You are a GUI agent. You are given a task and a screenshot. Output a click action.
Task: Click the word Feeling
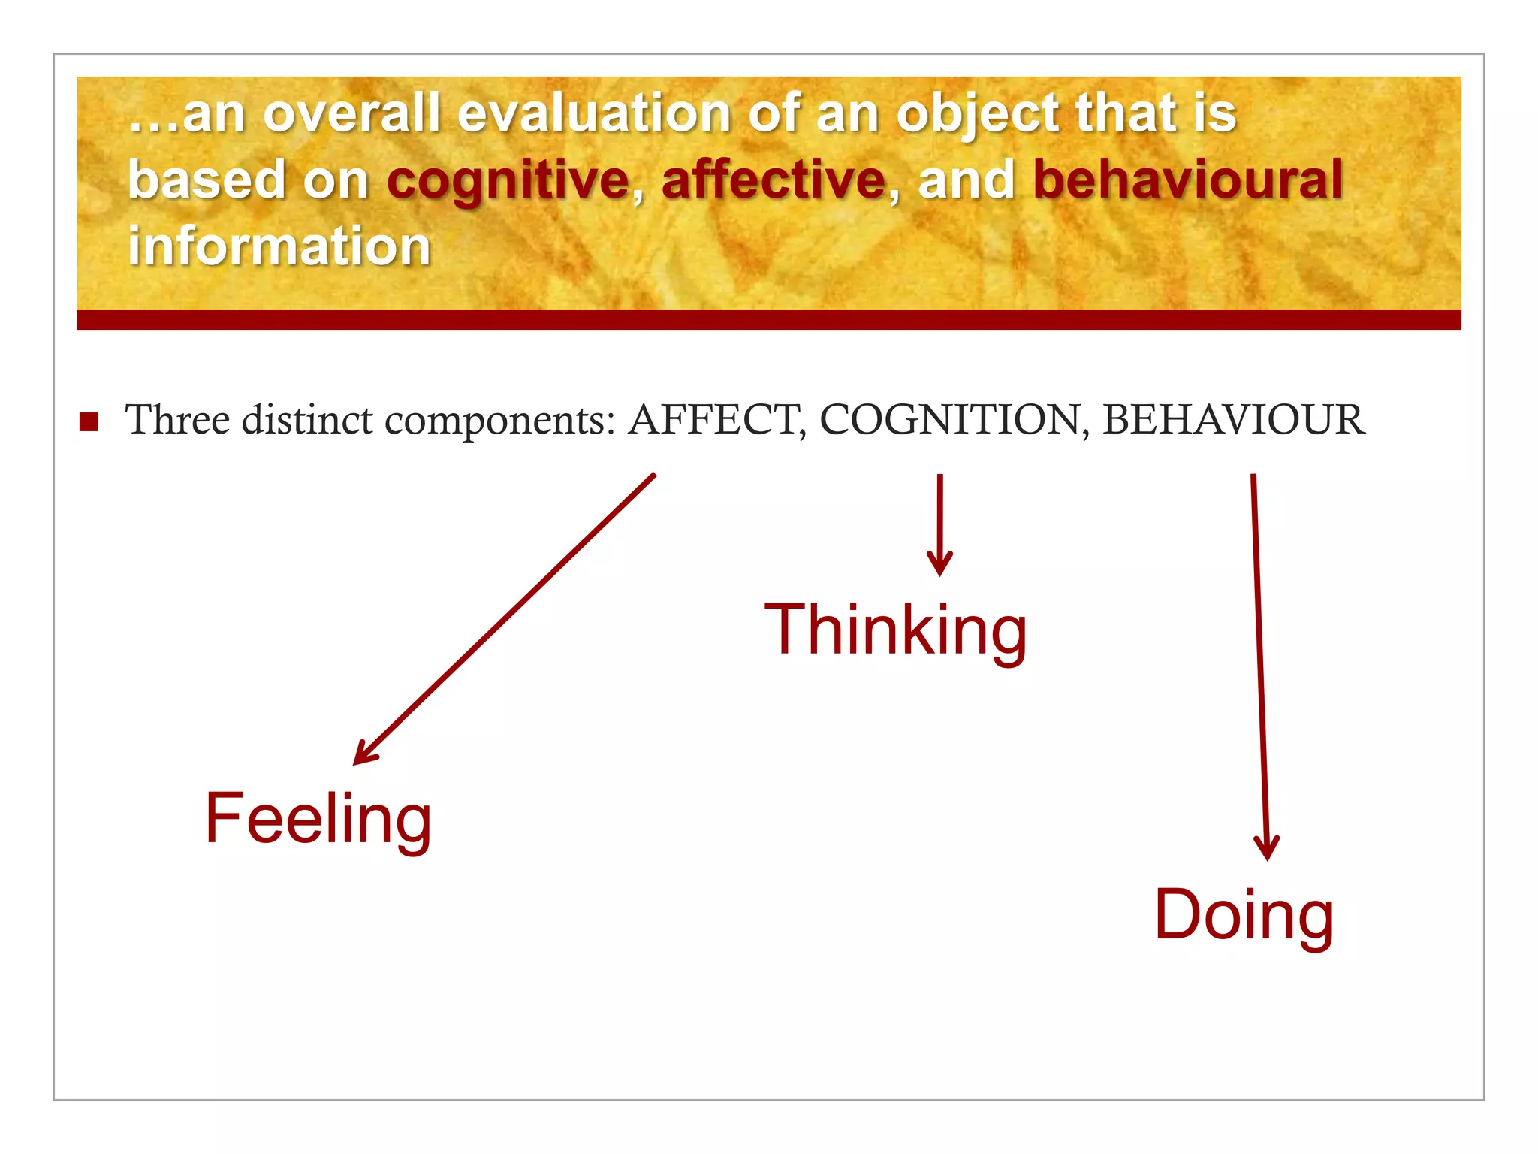click(318, 819)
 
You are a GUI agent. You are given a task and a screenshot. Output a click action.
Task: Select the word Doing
click(1244, 914)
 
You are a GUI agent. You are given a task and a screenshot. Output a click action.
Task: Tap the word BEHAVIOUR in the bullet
click(1233, 419)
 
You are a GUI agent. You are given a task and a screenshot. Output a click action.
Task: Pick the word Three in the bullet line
click(177, 419)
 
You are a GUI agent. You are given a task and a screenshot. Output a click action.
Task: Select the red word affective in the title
click(774, 180)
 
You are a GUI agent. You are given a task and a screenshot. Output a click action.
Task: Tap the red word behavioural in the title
click(1187, 180)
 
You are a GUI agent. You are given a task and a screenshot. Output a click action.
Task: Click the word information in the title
click(279, 246)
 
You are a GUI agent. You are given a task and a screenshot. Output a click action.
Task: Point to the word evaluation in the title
click(594, 114)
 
